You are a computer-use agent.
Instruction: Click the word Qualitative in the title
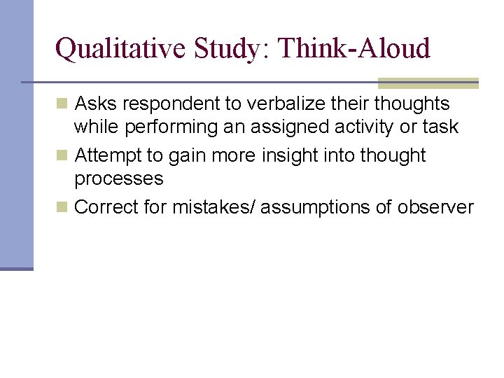[109, 49]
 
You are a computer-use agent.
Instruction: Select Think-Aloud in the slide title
[354, 49]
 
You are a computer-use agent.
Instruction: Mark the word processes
[118, 179]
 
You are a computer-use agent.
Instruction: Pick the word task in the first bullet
[441, 127]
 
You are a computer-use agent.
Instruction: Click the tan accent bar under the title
[428, 83]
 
